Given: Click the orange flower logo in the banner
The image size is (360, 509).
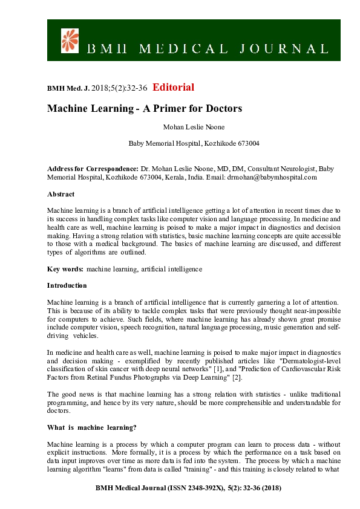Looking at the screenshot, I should tap(71, 40).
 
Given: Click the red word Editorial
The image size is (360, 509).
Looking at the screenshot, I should tap(174, 87).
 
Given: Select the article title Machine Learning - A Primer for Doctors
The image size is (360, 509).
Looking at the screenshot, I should tap(145, 109).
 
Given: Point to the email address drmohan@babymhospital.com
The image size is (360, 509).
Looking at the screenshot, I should tap(272, 177).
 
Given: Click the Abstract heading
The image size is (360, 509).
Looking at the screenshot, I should tap(61, 194).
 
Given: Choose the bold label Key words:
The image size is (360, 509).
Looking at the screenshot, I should tap(65, 268).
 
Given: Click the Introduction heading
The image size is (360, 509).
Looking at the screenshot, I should tap(67, 285).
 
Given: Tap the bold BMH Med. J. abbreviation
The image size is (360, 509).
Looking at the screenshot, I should tap(68, 88).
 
